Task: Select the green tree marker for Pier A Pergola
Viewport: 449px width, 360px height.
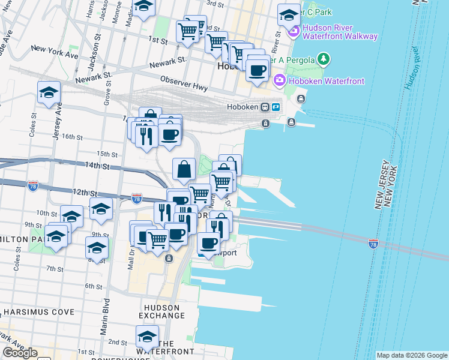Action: [324, 59]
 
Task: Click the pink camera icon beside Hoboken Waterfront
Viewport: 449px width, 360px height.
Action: [279, 80]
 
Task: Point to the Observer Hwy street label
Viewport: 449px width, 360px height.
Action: [184, 83]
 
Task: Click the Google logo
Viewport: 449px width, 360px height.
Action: [19, 352]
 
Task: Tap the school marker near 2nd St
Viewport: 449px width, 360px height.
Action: [146, 335]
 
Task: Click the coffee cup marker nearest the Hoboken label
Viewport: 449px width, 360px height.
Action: [257, 70]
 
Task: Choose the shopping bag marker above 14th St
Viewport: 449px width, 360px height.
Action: [184, 170]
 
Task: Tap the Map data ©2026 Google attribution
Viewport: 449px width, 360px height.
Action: [412, 355]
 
